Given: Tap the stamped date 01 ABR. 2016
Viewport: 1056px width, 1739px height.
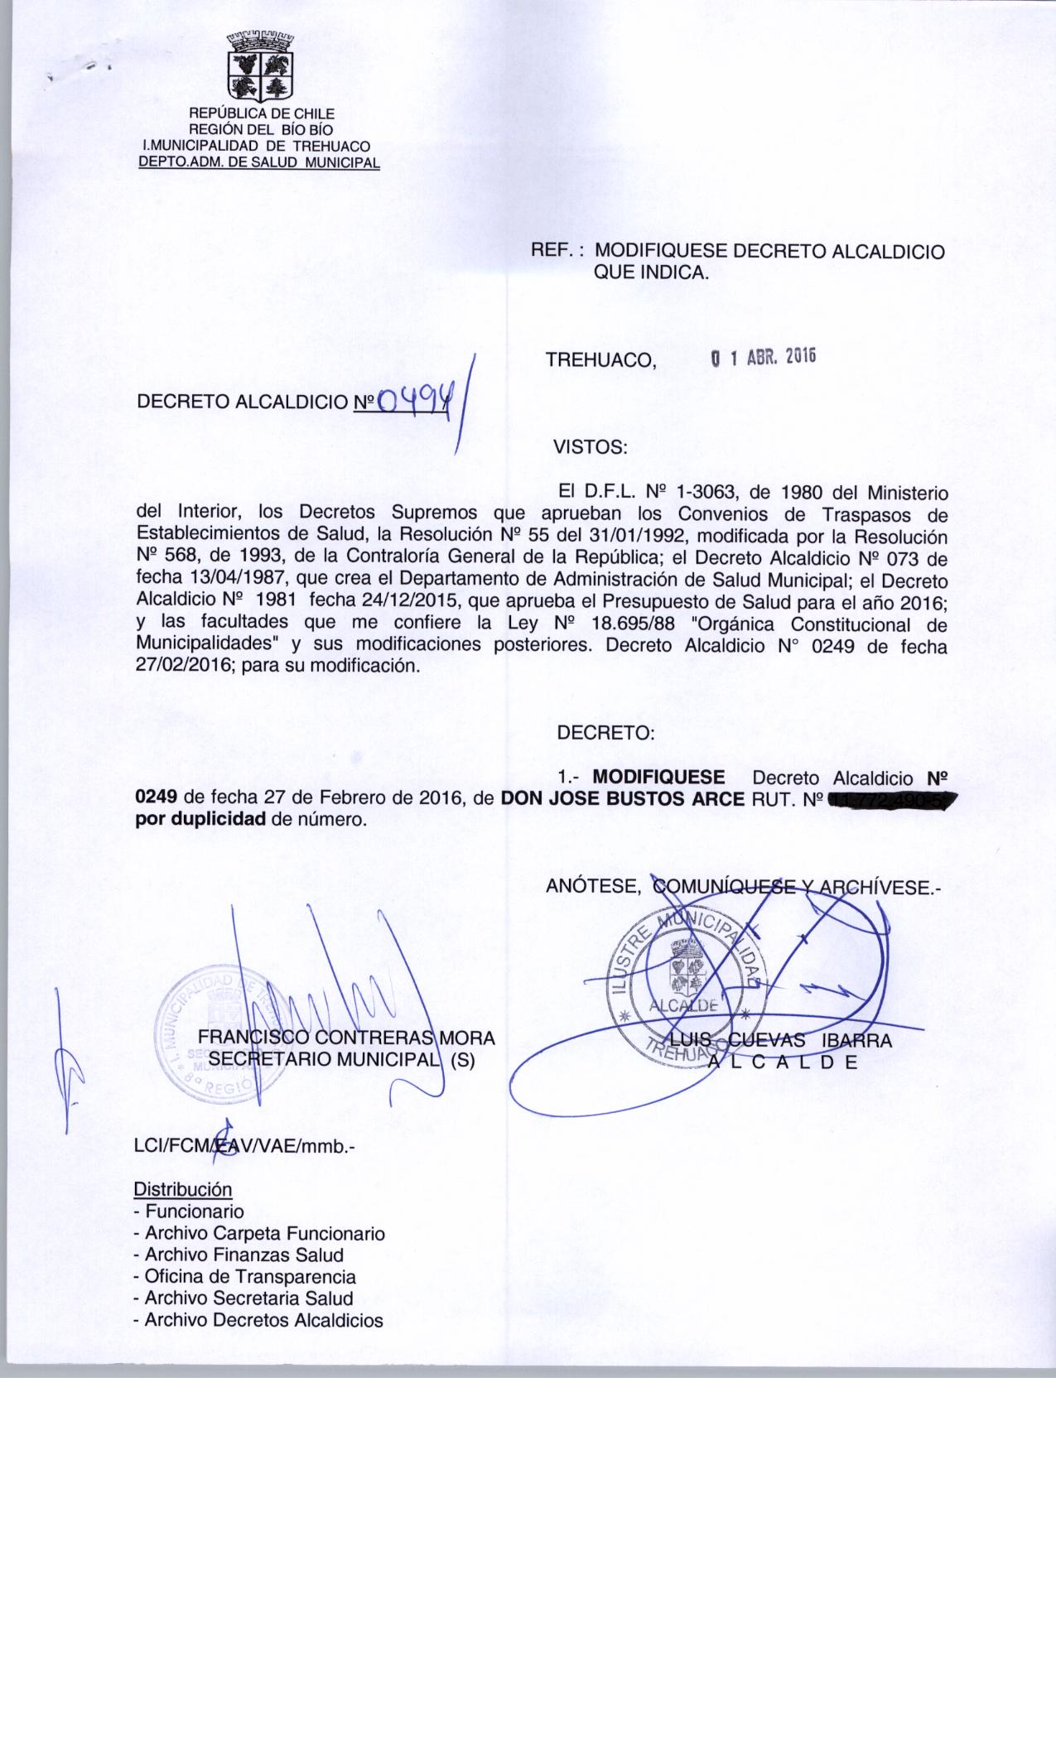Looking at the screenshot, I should coord(764,357).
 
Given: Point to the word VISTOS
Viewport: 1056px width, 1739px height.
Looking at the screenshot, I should coord(591,448).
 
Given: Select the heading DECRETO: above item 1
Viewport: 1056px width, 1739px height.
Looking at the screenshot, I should coord(606,733).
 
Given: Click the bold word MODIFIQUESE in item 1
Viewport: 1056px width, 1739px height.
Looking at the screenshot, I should coord(659,778).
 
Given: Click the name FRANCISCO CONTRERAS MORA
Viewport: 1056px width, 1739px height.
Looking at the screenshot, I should coord(345,1038).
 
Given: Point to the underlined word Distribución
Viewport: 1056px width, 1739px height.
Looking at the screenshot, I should coord(183,1190).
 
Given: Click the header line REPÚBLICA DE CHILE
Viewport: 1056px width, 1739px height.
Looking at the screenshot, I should coord(262,113).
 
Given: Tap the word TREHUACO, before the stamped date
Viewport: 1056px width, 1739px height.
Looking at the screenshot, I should coord(600,360).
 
